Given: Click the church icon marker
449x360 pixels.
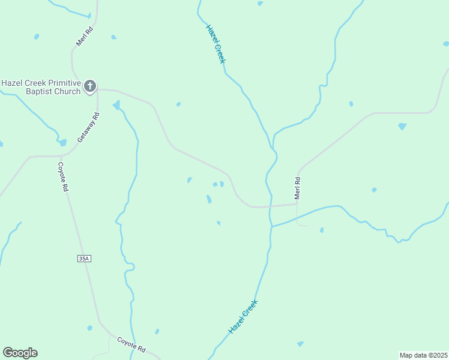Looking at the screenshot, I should (x=90, y=86).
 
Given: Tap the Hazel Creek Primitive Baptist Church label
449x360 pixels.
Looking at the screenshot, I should (x=41, y=87).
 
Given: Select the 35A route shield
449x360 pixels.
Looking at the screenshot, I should (x=83, y=259).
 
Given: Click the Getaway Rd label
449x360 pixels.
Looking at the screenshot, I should (x=88, y=127).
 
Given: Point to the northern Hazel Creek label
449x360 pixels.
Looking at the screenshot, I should (x=215, y=44).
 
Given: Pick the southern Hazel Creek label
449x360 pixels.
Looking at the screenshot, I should (x=243, y=317).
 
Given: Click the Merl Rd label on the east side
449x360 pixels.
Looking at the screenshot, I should (x=297, y=188).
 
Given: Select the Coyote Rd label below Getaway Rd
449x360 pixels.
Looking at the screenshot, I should (x=63, y=176).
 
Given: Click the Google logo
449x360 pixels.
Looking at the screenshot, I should (x=20, y=353).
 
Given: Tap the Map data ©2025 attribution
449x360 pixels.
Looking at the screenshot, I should (x=424, y=355).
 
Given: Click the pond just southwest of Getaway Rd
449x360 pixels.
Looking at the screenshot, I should (x=62, y=143).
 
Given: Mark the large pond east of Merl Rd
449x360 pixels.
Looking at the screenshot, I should (x=402, y=127).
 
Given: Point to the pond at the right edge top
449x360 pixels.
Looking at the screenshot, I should (x=445, y=43).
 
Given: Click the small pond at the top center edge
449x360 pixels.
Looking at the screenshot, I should (x=260, y=4).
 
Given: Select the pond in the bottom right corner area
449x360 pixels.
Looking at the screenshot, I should (x=300, y=344).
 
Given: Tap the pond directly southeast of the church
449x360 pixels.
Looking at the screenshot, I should (x=116, y=106).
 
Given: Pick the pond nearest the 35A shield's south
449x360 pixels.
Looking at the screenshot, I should (x=89, y=328).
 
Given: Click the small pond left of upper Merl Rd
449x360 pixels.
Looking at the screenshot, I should (x=37, y=37).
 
